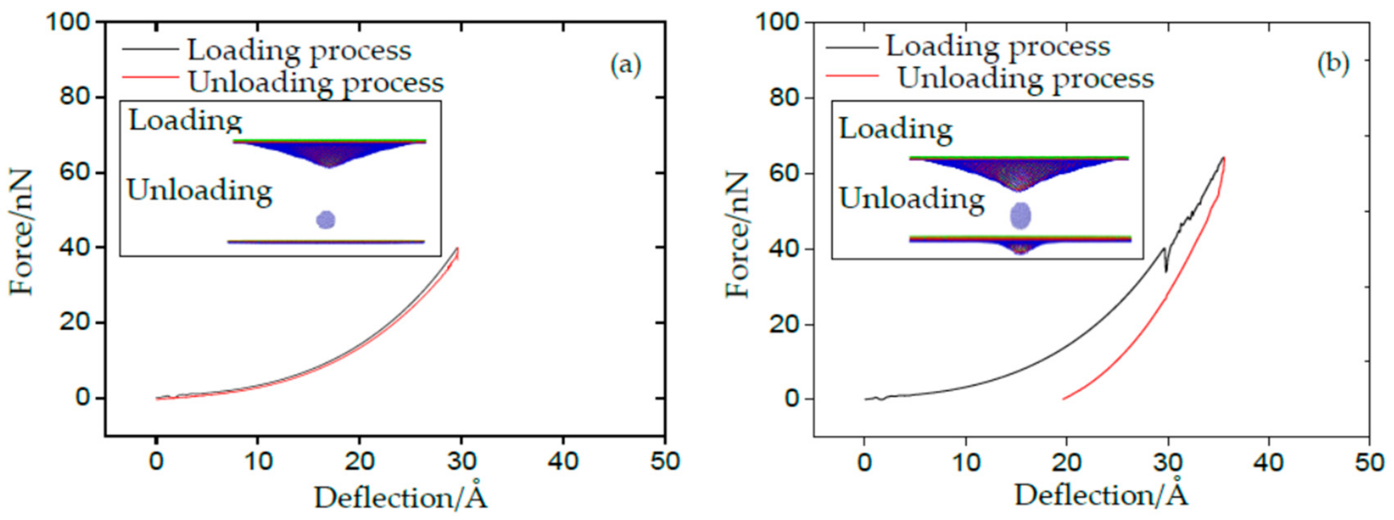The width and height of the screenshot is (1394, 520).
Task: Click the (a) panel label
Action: click(626, 66)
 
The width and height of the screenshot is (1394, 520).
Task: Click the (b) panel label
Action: click(1333, 64)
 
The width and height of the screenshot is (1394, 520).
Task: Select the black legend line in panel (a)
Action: click(150, 49)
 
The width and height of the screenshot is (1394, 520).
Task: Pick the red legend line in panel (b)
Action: click(851, 76)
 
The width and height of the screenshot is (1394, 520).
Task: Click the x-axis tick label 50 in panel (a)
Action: click(665, 462)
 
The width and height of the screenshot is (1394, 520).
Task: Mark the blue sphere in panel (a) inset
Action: click(326, 219)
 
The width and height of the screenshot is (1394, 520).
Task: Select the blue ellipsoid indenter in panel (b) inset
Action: click(1020, 216)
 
